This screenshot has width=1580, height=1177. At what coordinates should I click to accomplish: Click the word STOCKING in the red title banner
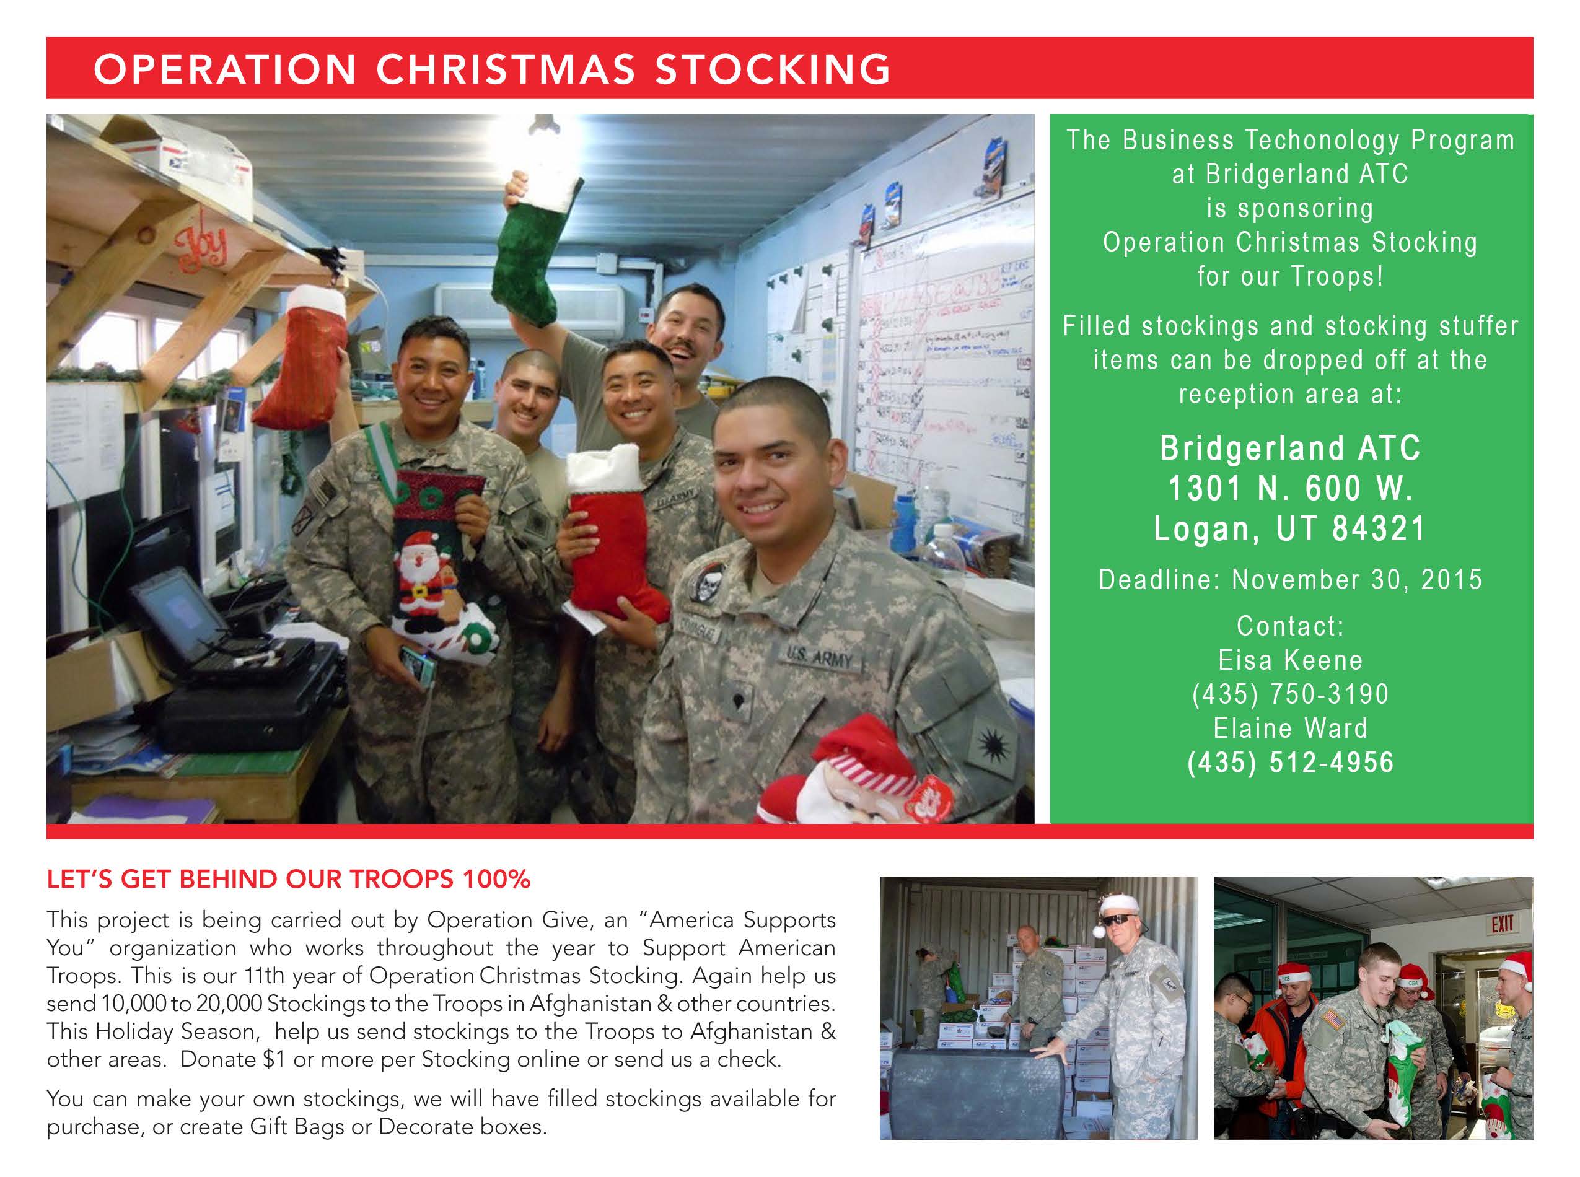pos(773,69)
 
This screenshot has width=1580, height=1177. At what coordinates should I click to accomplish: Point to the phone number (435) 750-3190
pos(1291,694)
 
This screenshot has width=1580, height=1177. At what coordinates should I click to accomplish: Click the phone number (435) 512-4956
pos(1291,763)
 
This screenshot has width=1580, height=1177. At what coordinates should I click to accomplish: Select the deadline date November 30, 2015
pos(1357,579)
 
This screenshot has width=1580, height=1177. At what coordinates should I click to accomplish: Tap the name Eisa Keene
pos(1291,660)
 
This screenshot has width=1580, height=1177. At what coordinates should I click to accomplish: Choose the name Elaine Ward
pos(1291,728)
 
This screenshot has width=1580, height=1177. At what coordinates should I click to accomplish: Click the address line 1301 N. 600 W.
pos(1291,488)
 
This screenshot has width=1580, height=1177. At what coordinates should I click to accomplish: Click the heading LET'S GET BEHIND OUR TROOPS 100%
pos(289,879)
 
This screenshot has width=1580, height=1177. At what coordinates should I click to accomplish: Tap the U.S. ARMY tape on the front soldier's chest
pos(820,656)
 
